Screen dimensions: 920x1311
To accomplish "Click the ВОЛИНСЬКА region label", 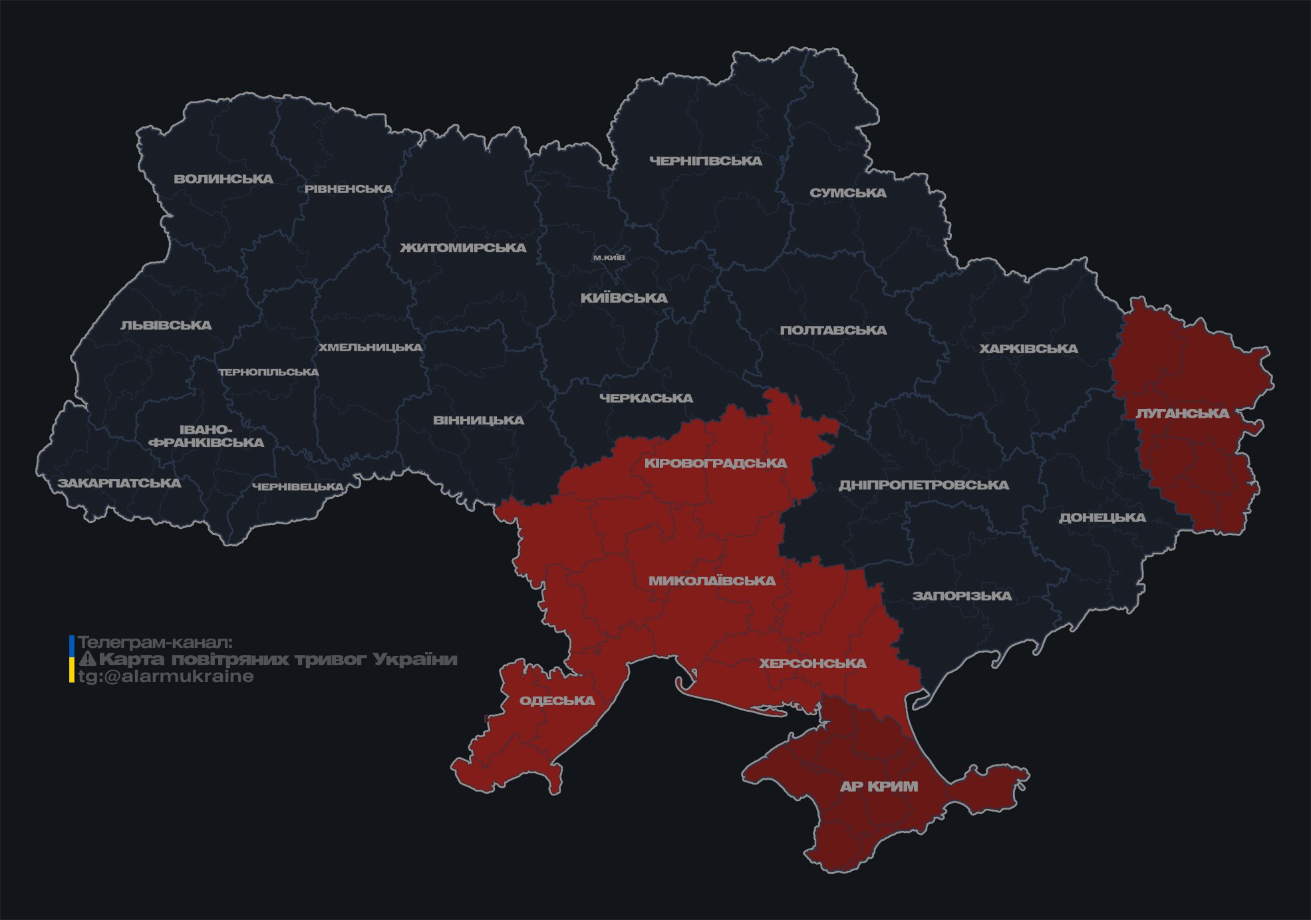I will coord(223,179).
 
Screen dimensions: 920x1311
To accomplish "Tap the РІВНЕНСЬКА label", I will coord(349,189).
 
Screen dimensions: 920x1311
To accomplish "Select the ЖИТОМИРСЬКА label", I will coord(463,248).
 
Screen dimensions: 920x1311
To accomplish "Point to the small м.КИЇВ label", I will coord(609,257).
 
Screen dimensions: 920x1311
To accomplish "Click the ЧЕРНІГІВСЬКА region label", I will coord(706,161).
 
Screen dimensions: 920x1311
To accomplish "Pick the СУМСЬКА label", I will coord(848,193).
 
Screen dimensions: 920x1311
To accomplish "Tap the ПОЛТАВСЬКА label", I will coord(833,331).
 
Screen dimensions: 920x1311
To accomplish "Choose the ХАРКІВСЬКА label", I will coord(1028,349).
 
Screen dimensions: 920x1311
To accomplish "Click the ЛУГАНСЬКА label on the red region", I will coord(1183,414).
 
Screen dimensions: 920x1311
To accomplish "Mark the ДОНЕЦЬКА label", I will coord(1102,518).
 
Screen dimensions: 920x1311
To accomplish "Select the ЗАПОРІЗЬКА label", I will coord(962,596).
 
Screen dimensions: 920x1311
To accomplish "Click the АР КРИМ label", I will coord(879,786).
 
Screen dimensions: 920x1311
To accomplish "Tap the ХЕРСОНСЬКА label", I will coord(813,664).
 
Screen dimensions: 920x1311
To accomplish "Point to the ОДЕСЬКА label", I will coord(557,700).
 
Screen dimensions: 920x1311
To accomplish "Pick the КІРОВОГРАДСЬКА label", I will coord(716,463).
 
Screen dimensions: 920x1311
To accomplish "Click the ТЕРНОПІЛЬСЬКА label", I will coord(269,373).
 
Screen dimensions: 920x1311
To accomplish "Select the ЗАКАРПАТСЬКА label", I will coord(120,483).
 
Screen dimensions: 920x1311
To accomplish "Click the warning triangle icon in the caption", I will coord(87,659).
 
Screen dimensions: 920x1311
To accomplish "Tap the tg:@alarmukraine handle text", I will coord(166,677).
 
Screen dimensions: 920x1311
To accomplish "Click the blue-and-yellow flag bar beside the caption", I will coord(72,659).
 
